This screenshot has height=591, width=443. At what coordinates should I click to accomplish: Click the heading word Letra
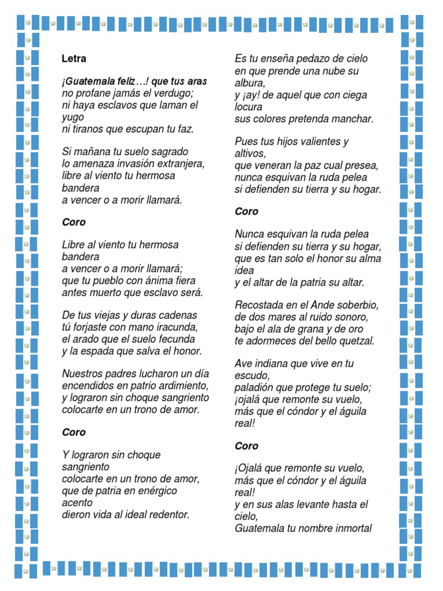click(x=74, y=58)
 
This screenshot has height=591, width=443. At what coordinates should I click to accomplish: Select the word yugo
click(x=73, y=117)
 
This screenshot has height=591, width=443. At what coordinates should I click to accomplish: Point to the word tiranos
click(x=88, y=129)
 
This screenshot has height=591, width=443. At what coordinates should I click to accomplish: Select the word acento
click(x=77, y=503)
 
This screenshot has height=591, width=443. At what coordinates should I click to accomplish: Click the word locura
click(x=249, y=107)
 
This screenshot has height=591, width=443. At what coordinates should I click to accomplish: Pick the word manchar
click(x=352, y=119)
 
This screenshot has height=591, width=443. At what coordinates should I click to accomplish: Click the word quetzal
click(x=355, y=341)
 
